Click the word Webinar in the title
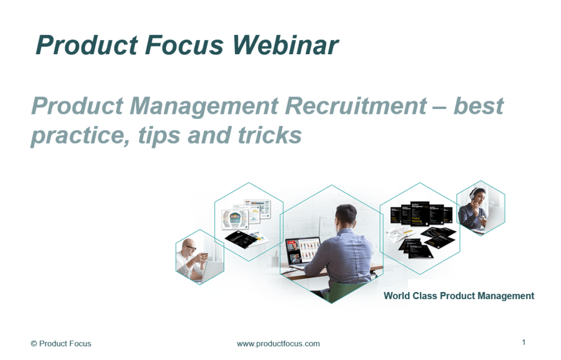pos(285,45)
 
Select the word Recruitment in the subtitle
pos(350,105)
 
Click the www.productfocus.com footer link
pos(278,344)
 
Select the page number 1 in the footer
pos(524,342)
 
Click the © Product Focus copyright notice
pos(61,344)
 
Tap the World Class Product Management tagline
pos(459,296)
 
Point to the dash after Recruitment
pos(439,106)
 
